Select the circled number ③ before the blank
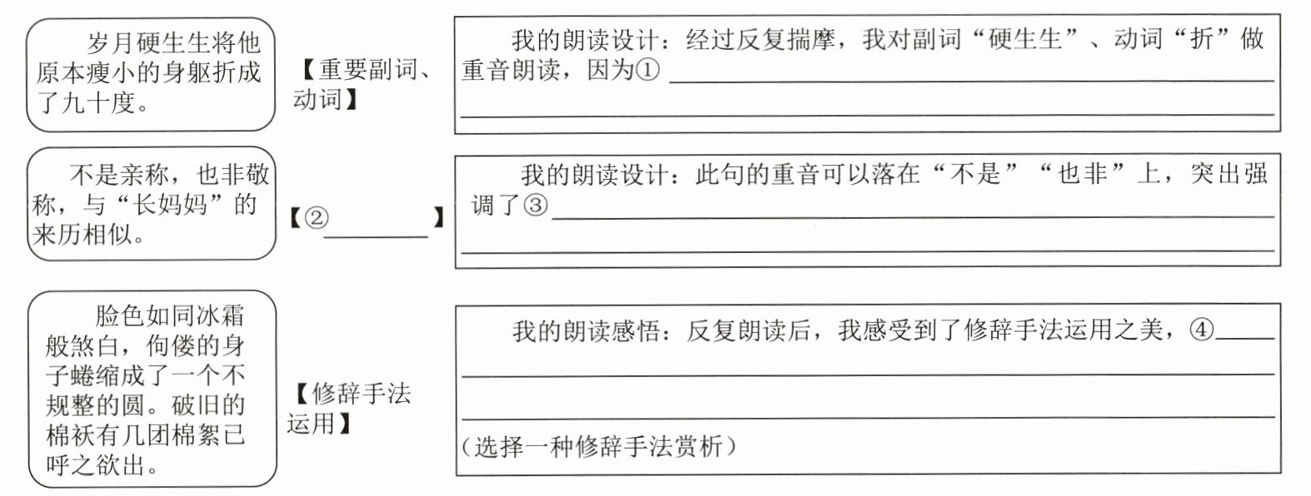(x=536, y=205)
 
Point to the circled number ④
(x=1202, y=330)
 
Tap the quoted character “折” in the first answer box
(x=1201, y=39)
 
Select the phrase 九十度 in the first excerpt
(x=97, y=103)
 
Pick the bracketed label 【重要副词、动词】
(x=363, y=85)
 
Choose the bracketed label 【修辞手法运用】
(x=350, y=408)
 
